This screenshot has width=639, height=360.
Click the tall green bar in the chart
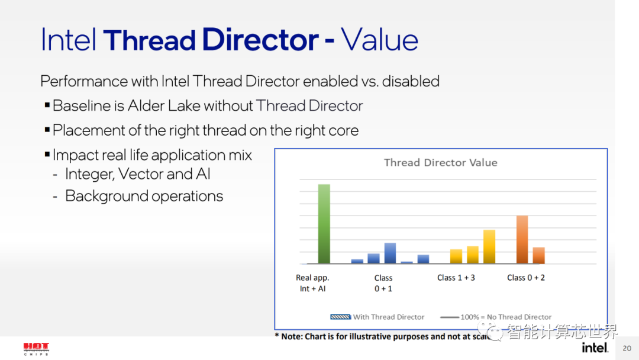[324, 224]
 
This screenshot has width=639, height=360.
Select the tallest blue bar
[390, 253]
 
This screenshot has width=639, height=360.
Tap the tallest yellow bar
[489, 247]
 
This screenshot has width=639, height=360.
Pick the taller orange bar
[522, 239]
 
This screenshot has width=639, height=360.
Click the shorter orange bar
[539, 255]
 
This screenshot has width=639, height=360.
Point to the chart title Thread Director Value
[441, 163]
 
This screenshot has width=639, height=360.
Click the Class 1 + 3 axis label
[456, 278]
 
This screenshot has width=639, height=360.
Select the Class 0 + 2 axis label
[526, 278]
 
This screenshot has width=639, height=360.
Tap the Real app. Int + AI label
[312, 283]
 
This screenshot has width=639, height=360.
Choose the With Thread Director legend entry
[377, 317]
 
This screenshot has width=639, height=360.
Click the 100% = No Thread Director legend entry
[496, 317]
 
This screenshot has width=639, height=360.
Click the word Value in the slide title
[379, 40]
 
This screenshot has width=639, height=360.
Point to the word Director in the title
[260, 40]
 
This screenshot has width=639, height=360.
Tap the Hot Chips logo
[36, 349]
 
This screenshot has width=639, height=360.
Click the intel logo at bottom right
[595, 348]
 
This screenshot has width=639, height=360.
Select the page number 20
[627, 348]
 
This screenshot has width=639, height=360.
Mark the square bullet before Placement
[47, 130]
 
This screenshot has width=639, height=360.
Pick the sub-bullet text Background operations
[144, 196]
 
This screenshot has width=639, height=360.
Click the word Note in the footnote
[291, 336]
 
